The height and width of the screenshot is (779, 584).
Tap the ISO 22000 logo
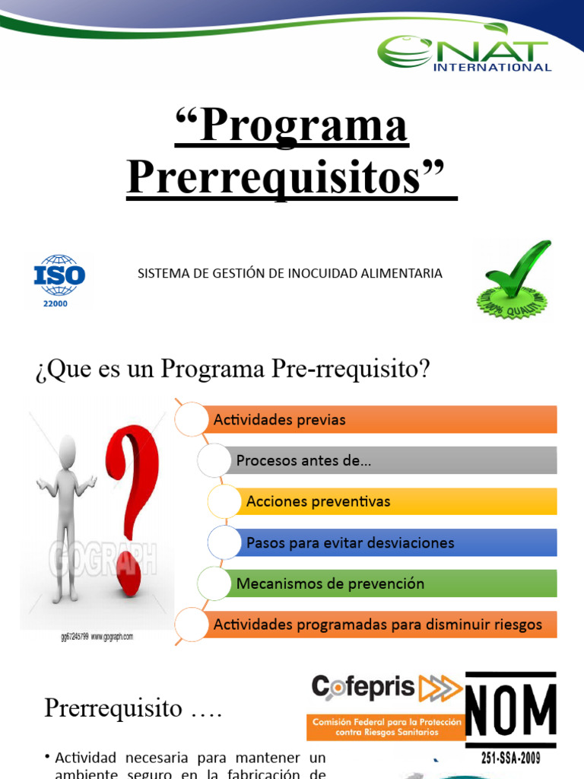59,280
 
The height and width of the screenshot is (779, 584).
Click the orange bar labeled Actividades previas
380,420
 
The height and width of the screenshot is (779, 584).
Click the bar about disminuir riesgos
380,625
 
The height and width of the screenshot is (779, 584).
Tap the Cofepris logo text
363,688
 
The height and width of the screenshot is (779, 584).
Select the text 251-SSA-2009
511,758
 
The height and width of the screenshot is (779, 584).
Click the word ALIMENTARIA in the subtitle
403,273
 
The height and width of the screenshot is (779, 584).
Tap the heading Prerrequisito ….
133,708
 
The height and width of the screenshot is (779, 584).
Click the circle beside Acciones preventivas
225,501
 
